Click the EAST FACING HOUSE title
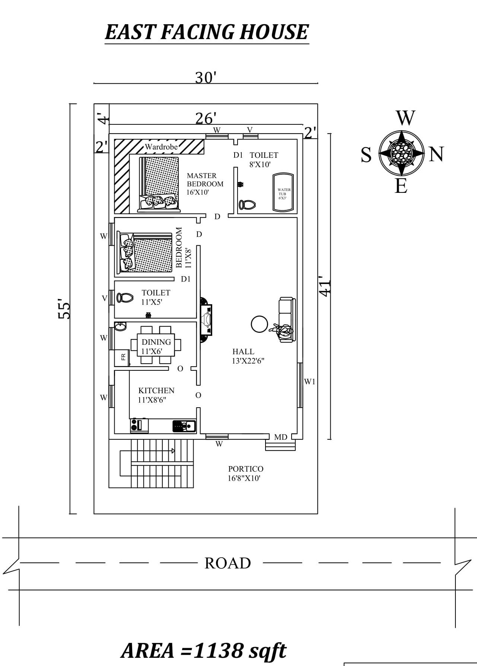coord(207,32)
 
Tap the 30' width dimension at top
coord(206,78)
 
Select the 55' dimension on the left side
coord(64,309)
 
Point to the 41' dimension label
coord(325,286)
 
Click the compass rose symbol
coord(401,153)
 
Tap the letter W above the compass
coord(405,118)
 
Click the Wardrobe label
coord(161,147)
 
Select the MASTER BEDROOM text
coord(205,180)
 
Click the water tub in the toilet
coord(283,193)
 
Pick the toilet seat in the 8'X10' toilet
coord(247,205)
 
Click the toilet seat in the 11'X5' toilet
coord(125,298)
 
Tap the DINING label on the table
coord(156,342)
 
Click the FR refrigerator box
coord(122,357)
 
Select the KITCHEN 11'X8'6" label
coord(156,395)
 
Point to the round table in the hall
coord(259,324)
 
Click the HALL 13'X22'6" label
coord(248,356)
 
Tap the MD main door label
coord(280,437)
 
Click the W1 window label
coord(309,382)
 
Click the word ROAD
coord(228,563)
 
